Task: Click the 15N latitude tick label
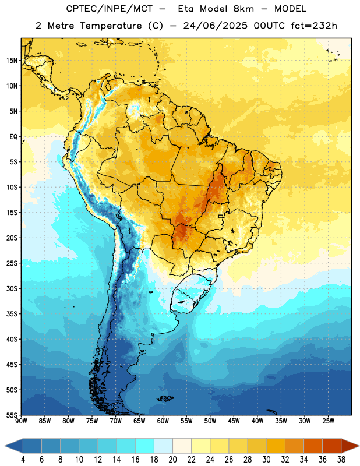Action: click(x=12, y=61)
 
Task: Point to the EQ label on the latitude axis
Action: click(x=13, y=137)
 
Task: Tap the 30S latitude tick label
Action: click(x=12, y=288)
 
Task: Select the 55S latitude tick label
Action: click(x=12, y=415)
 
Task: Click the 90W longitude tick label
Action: click(x=21, y=421)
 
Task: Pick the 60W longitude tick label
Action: click(x=163, y=421)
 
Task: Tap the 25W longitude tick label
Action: click(x=328, y=421)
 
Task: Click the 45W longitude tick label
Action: click(x=234, y=421)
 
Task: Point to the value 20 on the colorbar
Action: click(x=172, y=460)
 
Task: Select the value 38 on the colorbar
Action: click(x=341, y=460)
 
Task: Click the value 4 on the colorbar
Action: click(x=23, y=460)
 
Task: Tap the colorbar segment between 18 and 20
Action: click(x=164, y=446)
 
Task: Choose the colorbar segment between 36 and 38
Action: click(x=332, y=446)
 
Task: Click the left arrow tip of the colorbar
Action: click(x=5, y=446)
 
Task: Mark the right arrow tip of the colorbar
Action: click(x=359, y=446)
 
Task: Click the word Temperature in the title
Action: click(x=111, y=26)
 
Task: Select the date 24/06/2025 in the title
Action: click(x=215, y=26)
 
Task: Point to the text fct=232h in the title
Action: click(x=314, y=26)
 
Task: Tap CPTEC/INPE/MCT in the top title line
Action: click(x=110, y=9)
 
